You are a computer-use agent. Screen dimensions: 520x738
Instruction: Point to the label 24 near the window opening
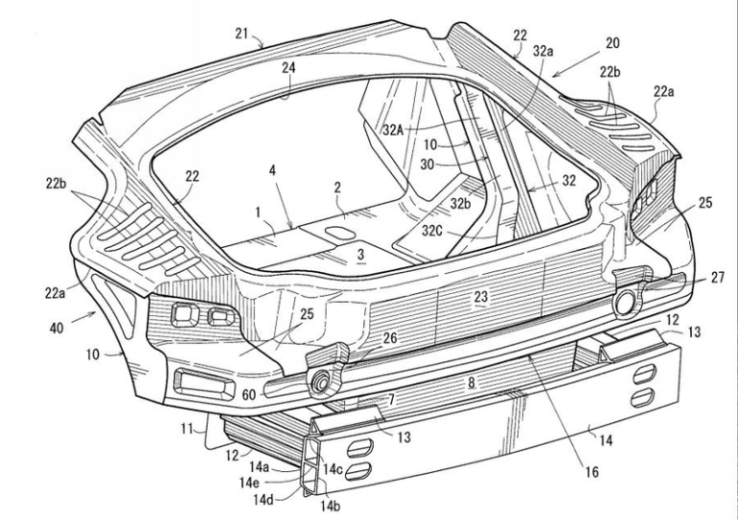tap(288, 69)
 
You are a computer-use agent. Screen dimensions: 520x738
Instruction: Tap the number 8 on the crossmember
tap(471, 382)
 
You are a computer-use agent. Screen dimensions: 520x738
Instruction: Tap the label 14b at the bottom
tap(341, 505)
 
